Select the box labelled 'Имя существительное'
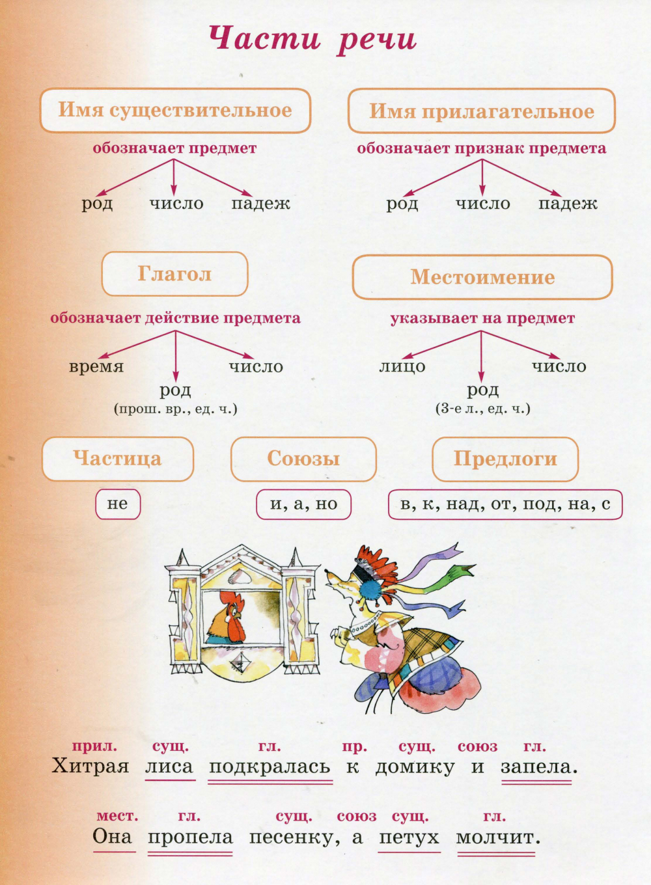(176, 110)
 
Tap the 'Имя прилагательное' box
(482, 111)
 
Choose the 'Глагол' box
(175, 274)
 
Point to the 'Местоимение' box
(482, 277)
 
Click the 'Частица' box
(118, 459)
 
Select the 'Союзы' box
(303, 459)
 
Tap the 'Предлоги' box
(505, 459)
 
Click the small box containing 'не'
(118, 504)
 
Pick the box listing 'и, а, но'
(303, 504)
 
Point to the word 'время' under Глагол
(96, 367)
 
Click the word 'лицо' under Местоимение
(402, 366)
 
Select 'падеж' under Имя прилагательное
(568, 204)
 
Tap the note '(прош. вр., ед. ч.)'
(176, 409)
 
